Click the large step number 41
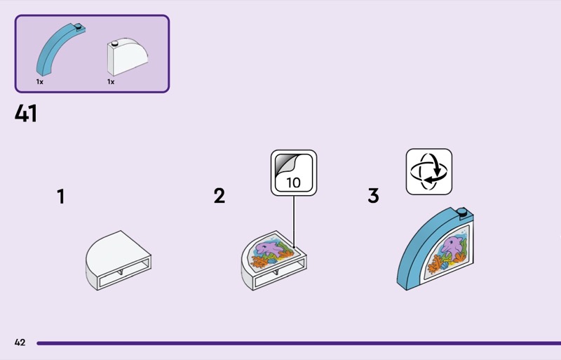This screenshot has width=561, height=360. tap(26, 113)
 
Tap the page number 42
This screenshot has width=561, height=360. tap(20, 342)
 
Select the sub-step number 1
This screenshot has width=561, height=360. tap(61, 197)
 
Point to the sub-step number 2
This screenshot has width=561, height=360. tap(219, 196)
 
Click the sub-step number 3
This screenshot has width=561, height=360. tap(373, 196)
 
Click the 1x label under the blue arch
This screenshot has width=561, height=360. tap(40, 82)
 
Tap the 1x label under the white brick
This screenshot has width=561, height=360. tap(111, 82)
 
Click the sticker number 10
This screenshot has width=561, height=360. tap(293, 182)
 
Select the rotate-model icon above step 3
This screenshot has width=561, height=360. tap(429, 171)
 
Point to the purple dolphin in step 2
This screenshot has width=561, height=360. tap(271, 248)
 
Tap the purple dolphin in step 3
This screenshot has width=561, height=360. tap(451, 245)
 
